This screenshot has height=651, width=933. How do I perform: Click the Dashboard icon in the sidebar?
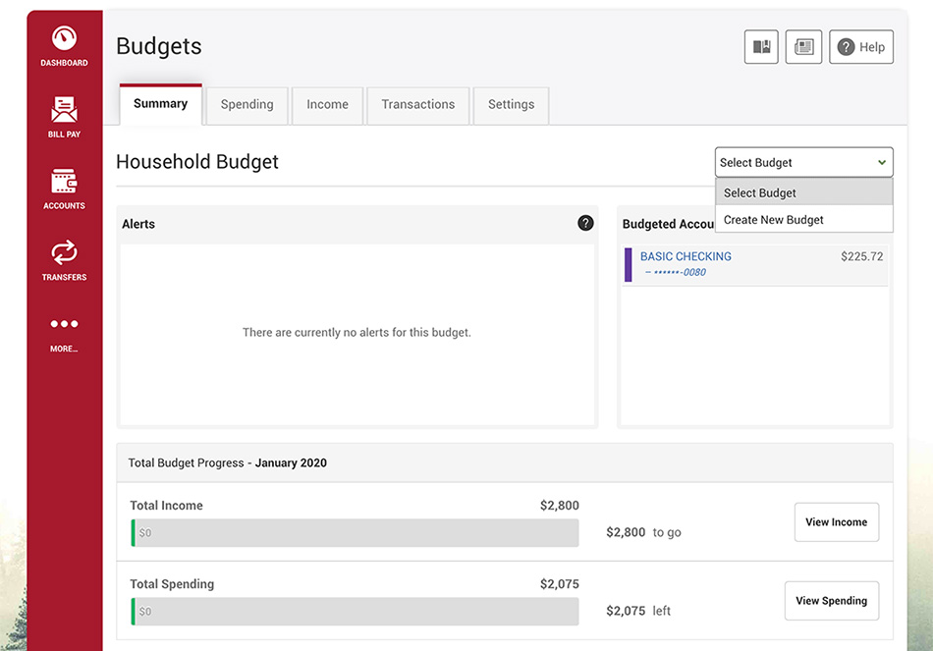(x=64, y=38)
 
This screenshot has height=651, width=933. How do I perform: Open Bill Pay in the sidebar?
(x=64, y=110)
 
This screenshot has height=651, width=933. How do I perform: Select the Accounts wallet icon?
(x=64, y=181)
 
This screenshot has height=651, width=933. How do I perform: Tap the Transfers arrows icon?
(x=64, y=252)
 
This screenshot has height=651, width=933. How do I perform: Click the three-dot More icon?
(x=64, y=324)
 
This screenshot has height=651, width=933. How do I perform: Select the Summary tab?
(x=161, y=104)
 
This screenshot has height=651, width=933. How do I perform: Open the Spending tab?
(x=247, y=105)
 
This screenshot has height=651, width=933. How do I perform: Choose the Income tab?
(x=327, y=105)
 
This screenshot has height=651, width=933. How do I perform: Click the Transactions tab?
(x=417, y=105)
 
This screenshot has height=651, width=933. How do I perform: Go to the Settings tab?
(x=511, y=105)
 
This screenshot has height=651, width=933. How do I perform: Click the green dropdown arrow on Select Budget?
(x=882, y=162)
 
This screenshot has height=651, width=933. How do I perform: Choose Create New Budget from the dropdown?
(x=774, y=220)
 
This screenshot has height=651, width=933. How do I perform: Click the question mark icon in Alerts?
(x=585, y=223)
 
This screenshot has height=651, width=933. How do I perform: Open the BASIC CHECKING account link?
(x=686, y=256)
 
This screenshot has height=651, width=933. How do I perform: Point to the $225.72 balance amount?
(x=861, y=256)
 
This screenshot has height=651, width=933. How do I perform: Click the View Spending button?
(x=831, y=600)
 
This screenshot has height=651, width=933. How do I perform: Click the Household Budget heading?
(x=197, y=162)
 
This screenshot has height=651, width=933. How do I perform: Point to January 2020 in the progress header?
(x=291, y=462)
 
